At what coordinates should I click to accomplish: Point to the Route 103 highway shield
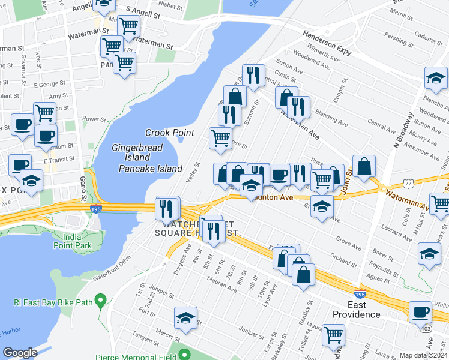pos(426,329)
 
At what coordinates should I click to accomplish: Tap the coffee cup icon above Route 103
pos(420,311)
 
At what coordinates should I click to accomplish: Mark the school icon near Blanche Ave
pos(436,77)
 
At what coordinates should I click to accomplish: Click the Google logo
pos(20,353)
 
